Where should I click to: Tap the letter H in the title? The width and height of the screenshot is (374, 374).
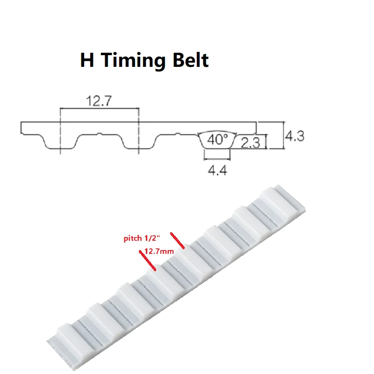[x=86, y=60]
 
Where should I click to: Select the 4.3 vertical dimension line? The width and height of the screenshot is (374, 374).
[x=284, y=135]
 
